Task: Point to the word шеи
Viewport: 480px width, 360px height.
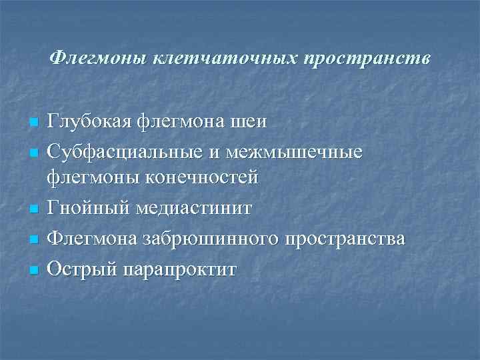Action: (249, 122)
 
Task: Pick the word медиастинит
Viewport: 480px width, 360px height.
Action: (194, 208)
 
